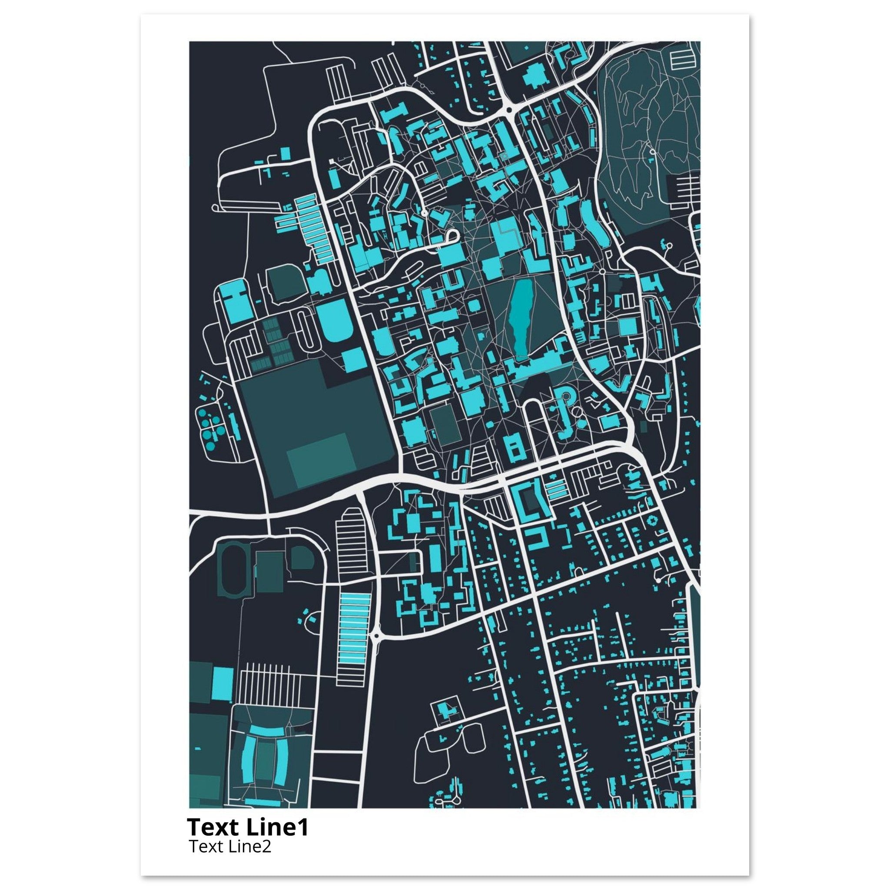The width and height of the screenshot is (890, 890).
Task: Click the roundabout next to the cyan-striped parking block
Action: tap(376, 636)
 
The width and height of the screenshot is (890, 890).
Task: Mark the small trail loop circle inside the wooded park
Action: tap(652, 151)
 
